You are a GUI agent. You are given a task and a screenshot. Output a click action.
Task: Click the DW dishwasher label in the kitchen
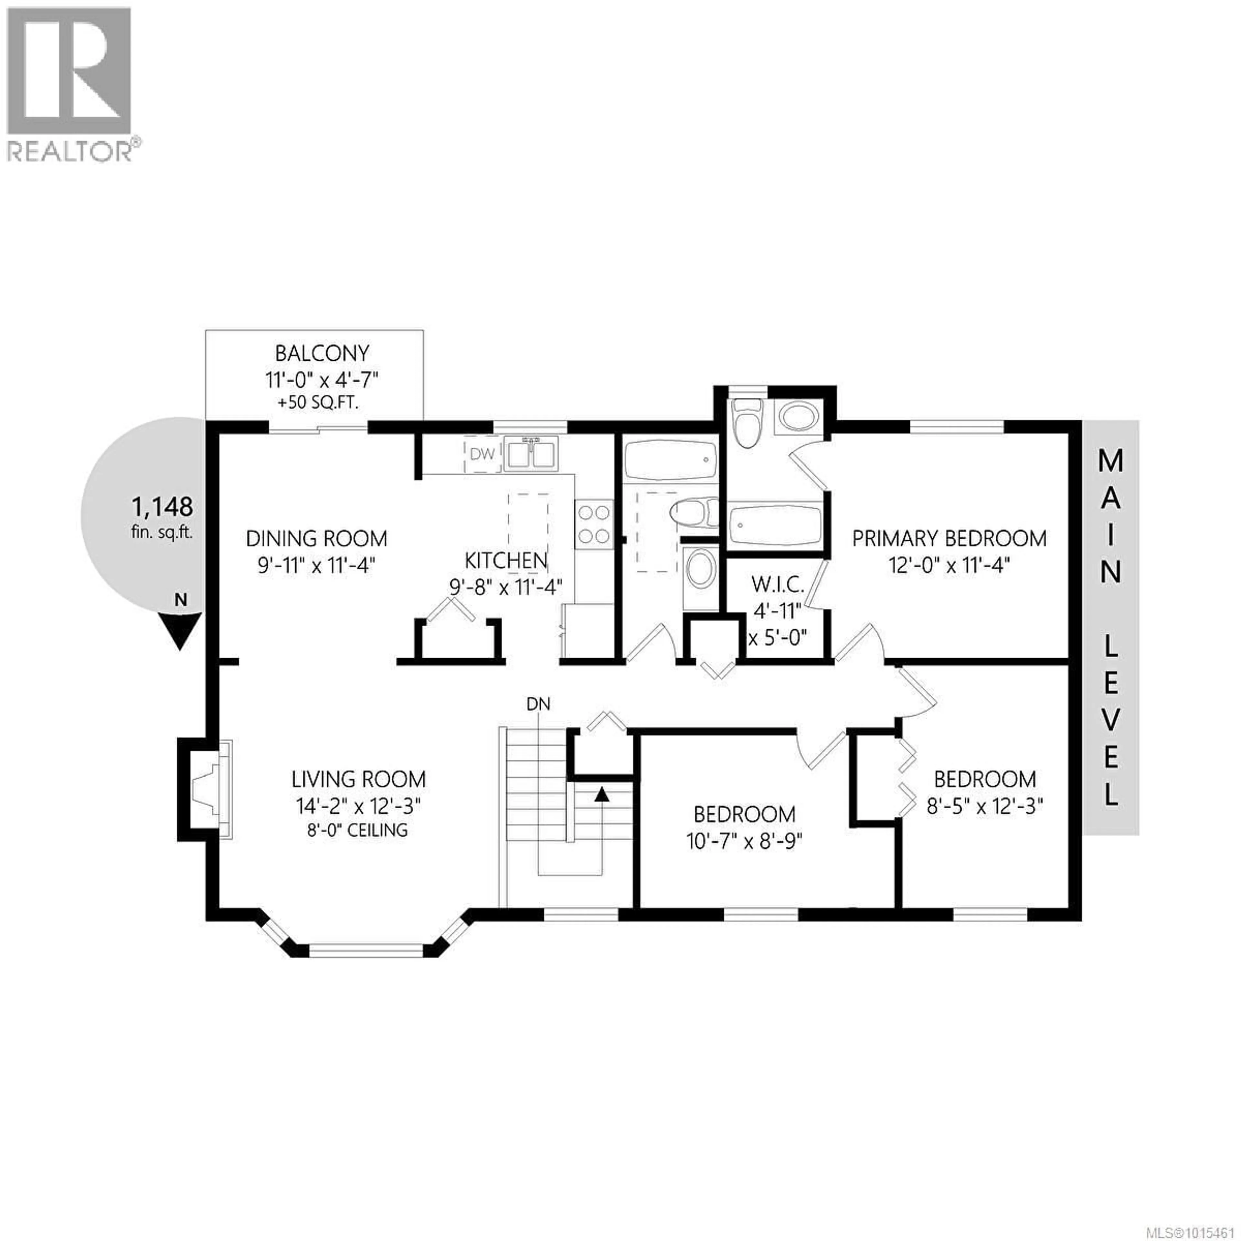[483, 454]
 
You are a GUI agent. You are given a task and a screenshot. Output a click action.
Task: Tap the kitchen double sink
[531, 453]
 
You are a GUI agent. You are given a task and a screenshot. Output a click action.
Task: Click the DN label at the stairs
[538, 704]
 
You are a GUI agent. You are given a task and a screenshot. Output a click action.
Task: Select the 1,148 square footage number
[162, 507]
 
